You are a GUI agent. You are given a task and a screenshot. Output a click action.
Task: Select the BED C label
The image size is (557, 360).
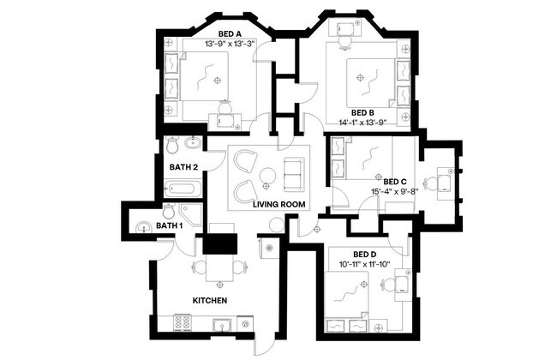coord(395,182)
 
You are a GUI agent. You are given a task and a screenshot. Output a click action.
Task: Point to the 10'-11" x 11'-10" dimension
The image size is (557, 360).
coord(365,264)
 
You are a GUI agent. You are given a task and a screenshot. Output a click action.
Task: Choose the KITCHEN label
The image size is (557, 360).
coord(209,301)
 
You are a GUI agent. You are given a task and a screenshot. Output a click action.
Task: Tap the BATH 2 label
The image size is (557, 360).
coord(184,166)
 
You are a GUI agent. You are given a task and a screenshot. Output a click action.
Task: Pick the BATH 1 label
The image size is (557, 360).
coord(170,225)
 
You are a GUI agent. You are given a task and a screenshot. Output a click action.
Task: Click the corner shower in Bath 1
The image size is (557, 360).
coord(191,214)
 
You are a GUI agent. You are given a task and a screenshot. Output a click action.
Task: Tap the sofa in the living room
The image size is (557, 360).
coord(293,175)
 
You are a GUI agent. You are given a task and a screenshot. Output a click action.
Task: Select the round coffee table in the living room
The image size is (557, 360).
coord(267,176)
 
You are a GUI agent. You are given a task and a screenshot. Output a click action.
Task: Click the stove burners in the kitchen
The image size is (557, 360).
coord(183,323)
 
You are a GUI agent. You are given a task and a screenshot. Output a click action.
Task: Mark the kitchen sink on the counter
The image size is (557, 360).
coord(221,324)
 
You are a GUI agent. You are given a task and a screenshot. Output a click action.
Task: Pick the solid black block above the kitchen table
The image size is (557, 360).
coord(218,243)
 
